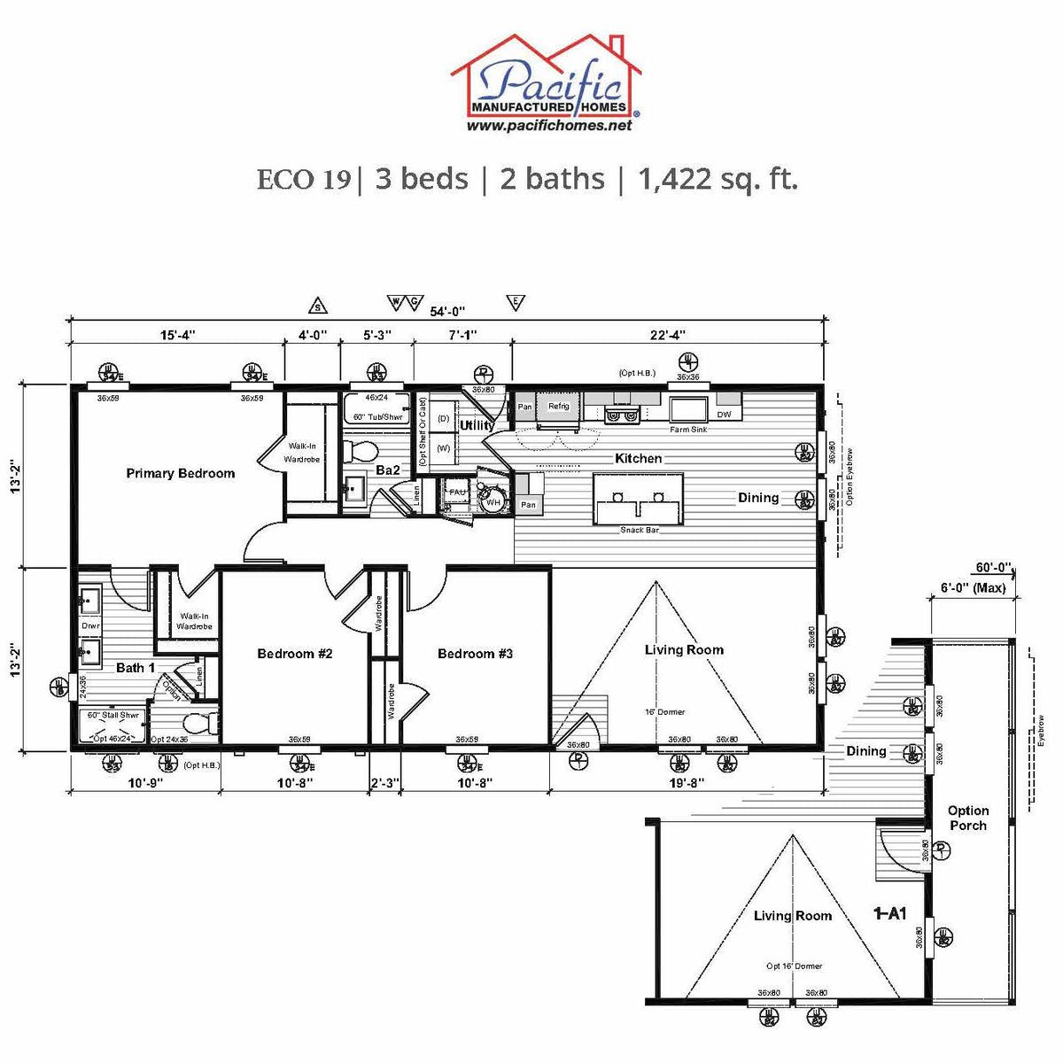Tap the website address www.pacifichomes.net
click(x=549, y=126)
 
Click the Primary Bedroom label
click(x=181, y=473)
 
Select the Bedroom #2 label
click(x=294, y=654)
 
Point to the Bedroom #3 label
click(x=475, y=654)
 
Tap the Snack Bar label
click(x=640, y=530)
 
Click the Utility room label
click(x=477, y=425)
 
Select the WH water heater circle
click(x=493, y=502)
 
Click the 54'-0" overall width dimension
click(x=447, y=311)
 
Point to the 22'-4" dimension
click(x=668, y=335)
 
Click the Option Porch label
click(x=967, y=818)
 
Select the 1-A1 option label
click(x=889, y=913)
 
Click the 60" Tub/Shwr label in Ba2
click(x=377, y=417)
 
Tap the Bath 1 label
click(x=136, y=667)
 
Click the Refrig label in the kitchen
click(x=558, y=407)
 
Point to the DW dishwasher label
click(x=724, y=415)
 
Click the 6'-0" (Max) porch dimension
click(x=973, y=587)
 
